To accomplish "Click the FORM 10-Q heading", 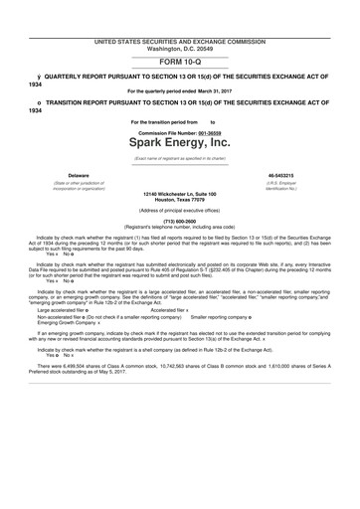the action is coord(179,61).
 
